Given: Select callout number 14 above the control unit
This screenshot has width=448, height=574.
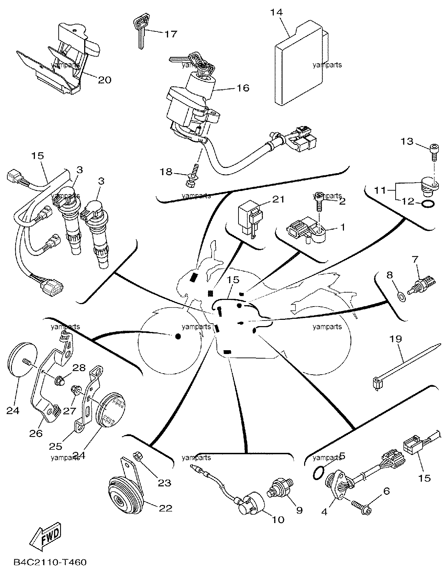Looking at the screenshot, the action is pyautogui.click(x=276, y=13).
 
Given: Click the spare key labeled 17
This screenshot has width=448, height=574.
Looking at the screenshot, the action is pyautogui.click(x=140, y=32).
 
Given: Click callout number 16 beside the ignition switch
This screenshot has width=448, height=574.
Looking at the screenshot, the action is pyautogui.click(x=243, y=88).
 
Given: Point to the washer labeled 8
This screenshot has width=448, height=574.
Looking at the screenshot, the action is pyautogui.click(x=402, y=297).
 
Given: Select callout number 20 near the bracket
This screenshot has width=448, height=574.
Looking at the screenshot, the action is pyautogui.click(x=105, y=80).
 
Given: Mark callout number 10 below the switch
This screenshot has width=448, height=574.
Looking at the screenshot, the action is pyautogui.click(x=277, y=520).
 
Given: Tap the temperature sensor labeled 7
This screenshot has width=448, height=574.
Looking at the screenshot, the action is pyautogui.click(x=421, y=286).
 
